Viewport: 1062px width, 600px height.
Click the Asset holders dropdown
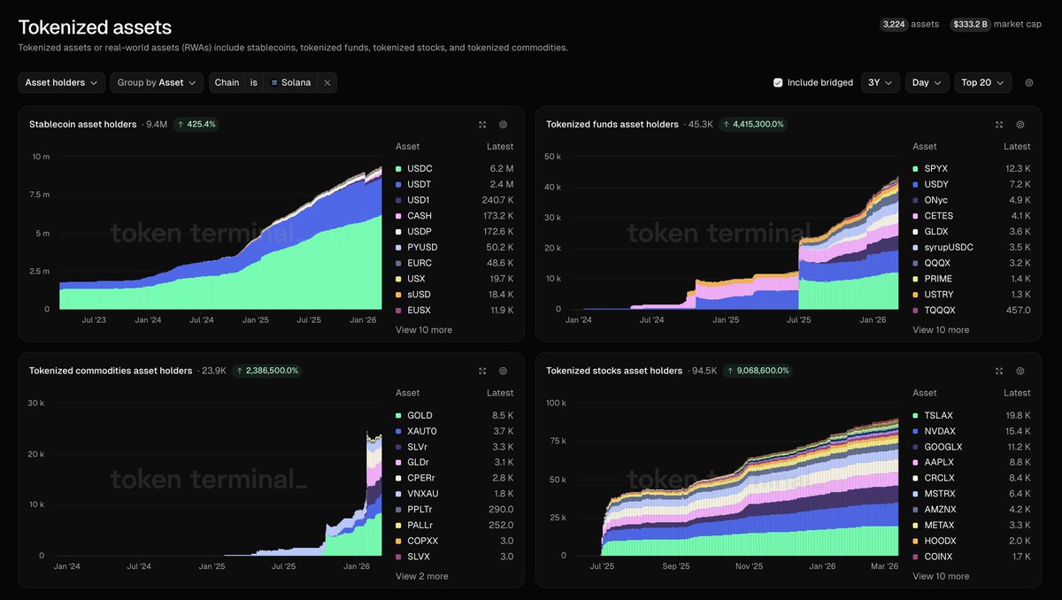[61, 82]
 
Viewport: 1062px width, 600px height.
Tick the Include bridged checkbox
[778, 82]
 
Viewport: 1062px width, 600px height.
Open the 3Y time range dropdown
[879, 82]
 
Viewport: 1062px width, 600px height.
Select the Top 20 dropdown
[982, 82]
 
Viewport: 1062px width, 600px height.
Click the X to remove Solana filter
[327, 82]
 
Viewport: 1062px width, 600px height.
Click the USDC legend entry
[419, 168]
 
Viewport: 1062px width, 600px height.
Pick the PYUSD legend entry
[422, 247]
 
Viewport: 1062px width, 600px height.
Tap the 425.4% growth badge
[196, 125]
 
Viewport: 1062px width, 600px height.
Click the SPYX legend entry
[936, 168]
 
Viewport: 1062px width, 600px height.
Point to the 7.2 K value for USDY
[1018, 184]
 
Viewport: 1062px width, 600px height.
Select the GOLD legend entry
[419, 415]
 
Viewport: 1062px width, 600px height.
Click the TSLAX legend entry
[938, 415]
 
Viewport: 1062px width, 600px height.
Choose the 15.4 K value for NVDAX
[1017, 431]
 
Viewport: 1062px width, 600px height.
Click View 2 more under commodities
[421, 576]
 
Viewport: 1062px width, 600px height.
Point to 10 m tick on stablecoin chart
[41, 157]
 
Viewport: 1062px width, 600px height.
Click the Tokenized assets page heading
[95, 27]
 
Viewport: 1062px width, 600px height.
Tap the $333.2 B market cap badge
[969, 25]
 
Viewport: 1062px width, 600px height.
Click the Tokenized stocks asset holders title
[613, 371]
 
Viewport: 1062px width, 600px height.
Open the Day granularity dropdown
[927, 82]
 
